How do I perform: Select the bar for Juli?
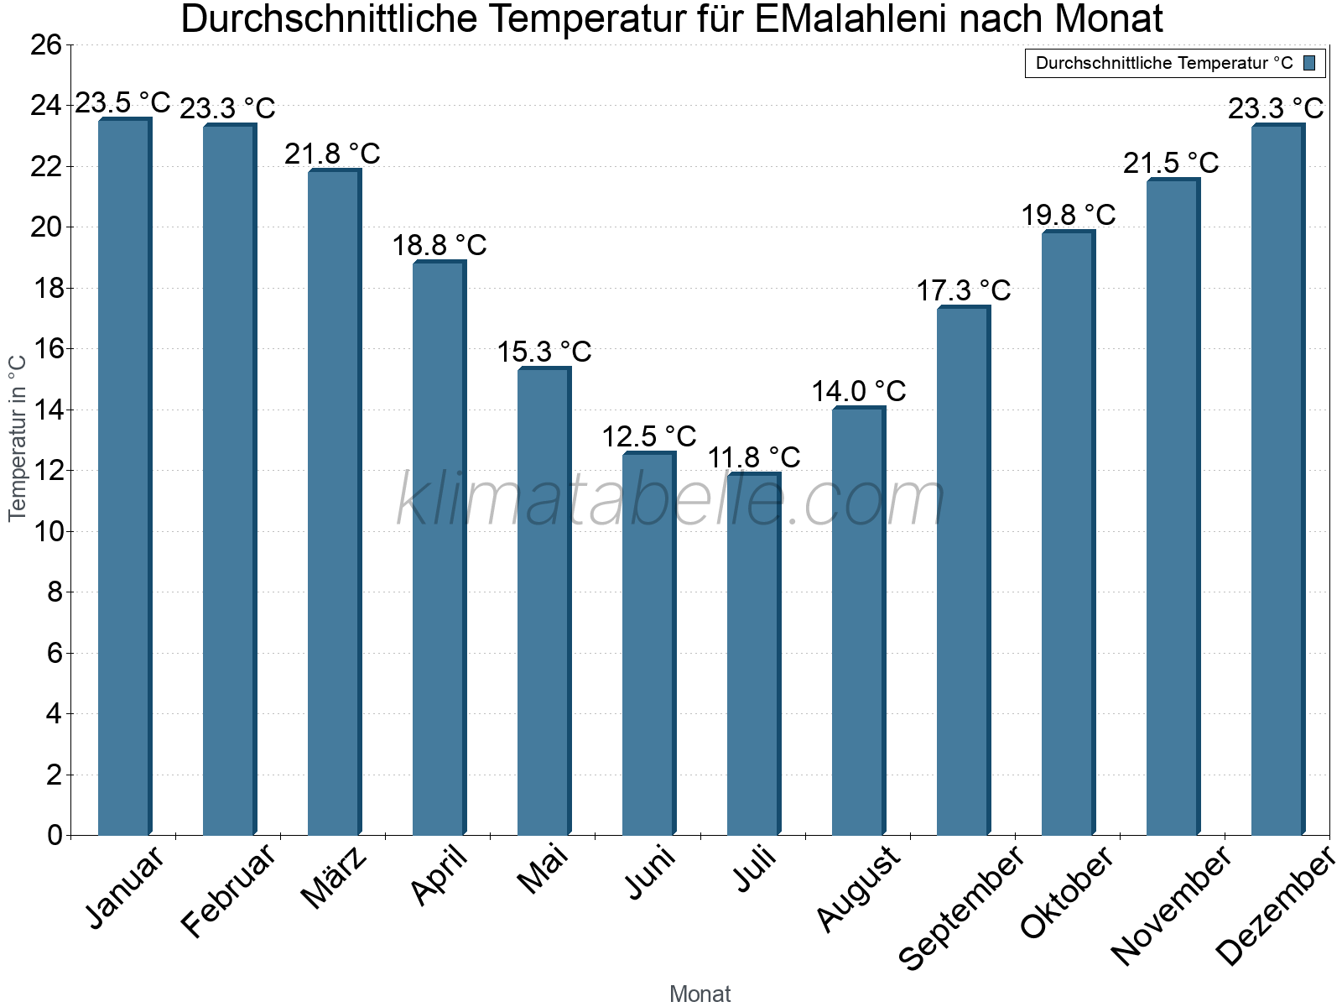(753, 655)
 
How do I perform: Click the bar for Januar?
(124, 478)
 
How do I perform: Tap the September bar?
(963, 571)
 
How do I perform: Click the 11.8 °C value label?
(753, 458)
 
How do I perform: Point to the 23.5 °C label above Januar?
(122, 103)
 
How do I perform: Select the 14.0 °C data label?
(858, 391)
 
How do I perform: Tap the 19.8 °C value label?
(1068, 215)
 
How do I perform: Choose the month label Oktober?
(1067, 893)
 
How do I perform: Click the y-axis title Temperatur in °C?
(18, 438)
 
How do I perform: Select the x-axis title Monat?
(700, 994)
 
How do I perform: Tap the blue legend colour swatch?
(1309, 63)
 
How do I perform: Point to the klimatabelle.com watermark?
(671, 500)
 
